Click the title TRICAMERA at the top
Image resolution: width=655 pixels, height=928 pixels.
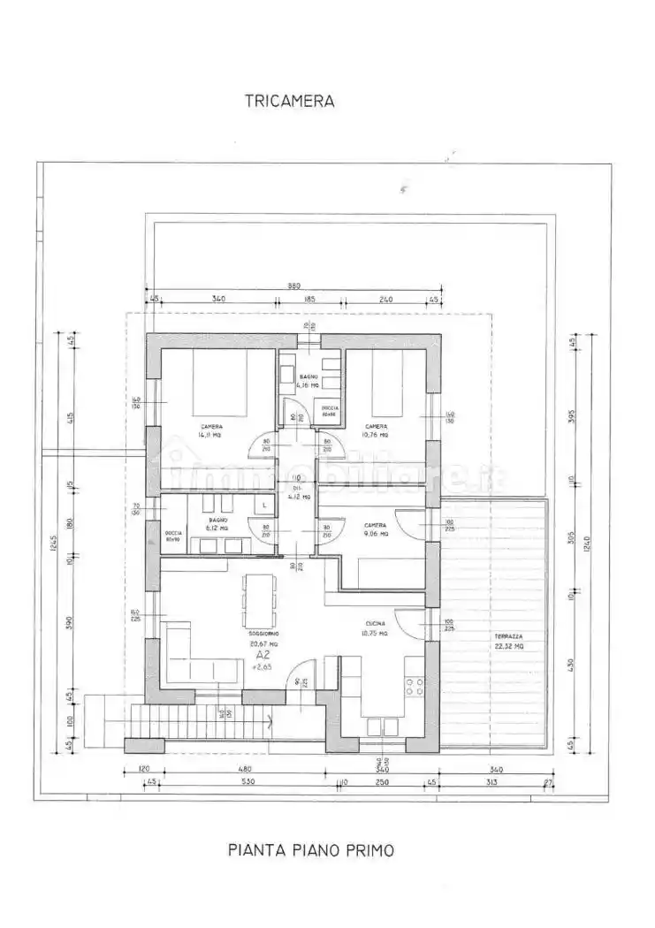point(289,101)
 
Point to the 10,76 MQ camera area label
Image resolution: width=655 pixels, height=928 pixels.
point(375,430)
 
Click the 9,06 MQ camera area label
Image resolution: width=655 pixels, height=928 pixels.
point(375,529)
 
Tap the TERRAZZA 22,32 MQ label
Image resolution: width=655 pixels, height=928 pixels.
point(508,642)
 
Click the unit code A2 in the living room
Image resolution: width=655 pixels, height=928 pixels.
point(263,657)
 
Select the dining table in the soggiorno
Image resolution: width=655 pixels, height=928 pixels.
point(259,600)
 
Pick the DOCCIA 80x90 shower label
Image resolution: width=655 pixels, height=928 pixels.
point(173,536)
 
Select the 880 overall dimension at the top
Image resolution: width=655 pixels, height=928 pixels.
point(293,286)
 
